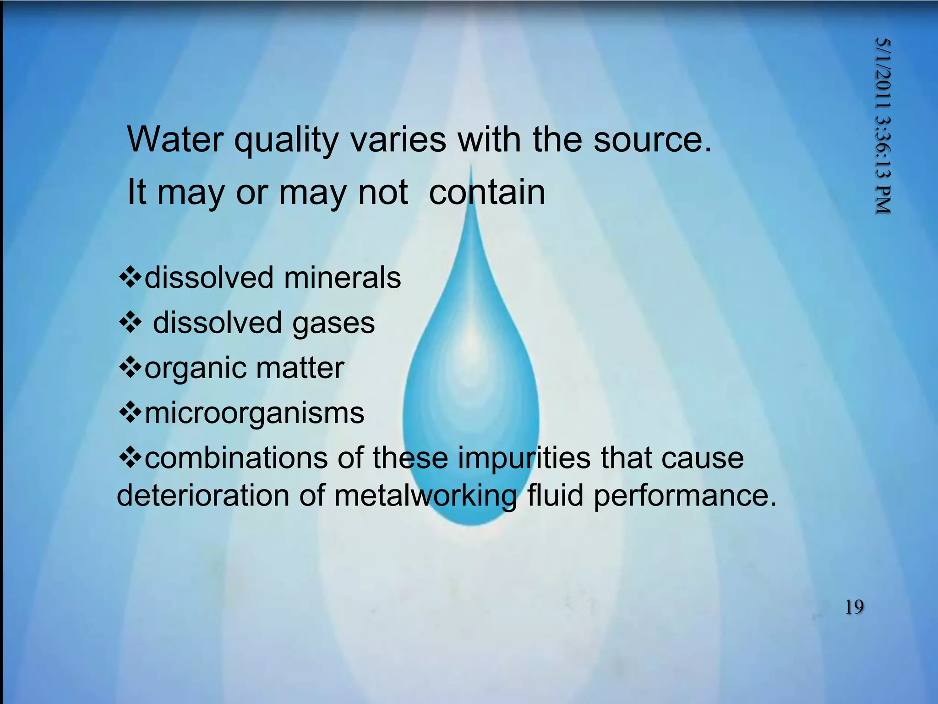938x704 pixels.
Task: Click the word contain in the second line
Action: pyautogui.click(x=487, y=192)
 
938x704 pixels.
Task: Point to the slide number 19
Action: pyautogui.click(x=854, y=607)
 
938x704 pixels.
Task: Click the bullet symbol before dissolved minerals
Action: pyautogui.click(x=131, y=278)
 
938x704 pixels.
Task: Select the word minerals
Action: pyautogui.click(x=342, y=278)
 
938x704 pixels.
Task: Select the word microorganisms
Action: pyautogui.click(x=254, y=413)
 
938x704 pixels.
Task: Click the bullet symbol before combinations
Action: pyautogui.click(x=131, y=458)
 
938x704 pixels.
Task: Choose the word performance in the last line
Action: pyautogui.click(x=685, y=496)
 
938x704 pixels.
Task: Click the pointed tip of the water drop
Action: pyautogui.click(x=471, y=168)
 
